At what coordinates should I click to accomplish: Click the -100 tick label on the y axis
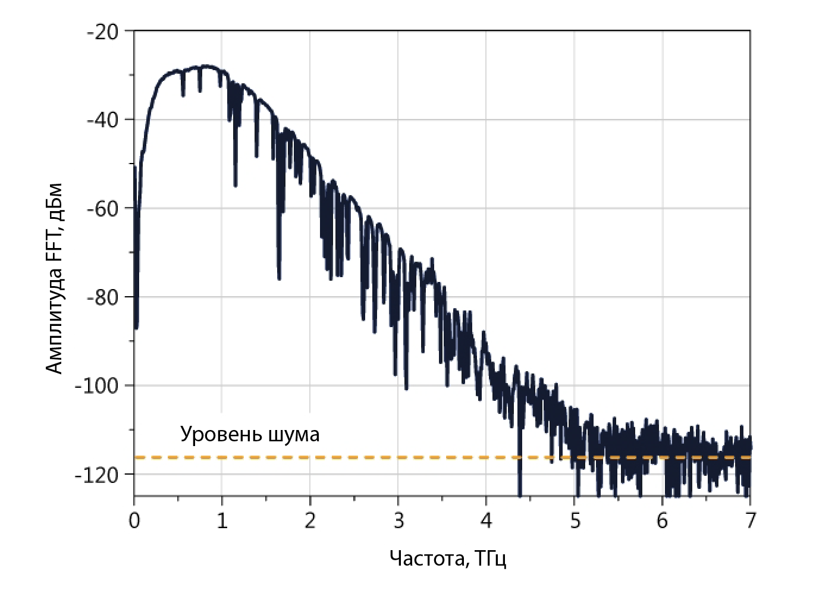coord(98,386)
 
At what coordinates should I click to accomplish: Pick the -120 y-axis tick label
coord(98,475)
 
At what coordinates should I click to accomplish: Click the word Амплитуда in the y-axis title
coord(55,321)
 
